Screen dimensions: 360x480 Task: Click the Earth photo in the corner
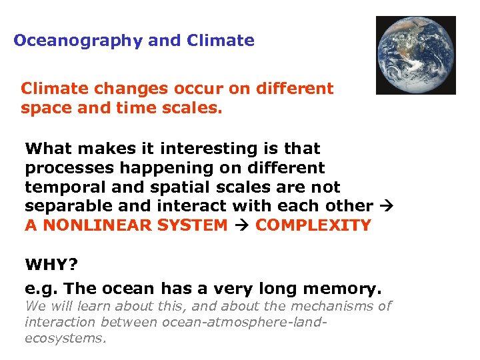[x=415, y=55]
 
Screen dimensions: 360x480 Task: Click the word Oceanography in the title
[x=78, y=41]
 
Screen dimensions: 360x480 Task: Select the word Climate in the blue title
[x=221, y=41]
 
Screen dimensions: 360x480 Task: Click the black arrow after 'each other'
[x=386, y=207]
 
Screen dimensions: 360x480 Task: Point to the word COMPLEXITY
[x=313, y=225]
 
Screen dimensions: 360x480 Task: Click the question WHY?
[x=47, y=265]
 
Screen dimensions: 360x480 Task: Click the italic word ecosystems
[x=65, y=338]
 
